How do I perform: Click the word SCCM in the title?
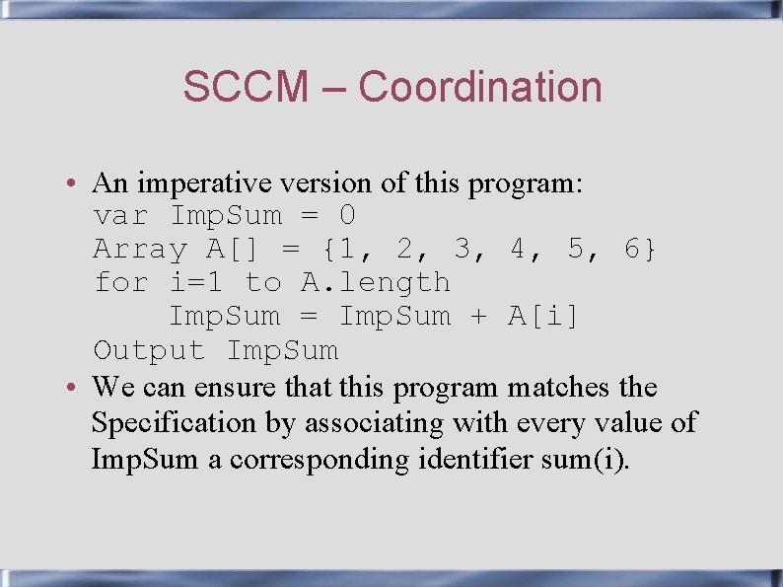tap(246, 87)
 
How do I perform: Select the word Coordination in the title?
tap(479, 87)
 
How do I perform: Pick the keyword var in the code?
tap(120, 216)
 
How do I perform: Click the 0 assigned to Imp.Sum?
tap(347, 216)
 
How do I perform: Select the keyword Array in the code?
tap(139, 250)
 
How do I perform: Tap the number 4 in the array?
tap(518, 250)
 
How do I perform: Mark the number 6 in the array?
tap(632, 250)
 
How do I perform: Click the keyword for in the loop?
tap(120, 283)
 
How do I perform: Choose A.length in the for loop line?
tap(375, 283)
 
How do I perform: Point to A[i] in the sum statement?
tap(543, 317)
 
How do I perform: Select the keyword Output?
tap(149, 350)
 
